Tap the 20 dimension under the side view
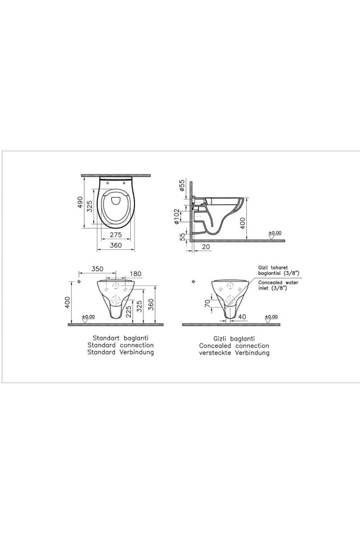[206, 246]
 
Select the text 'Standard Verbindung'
[120, 352]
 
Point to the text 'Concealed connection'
[237, 345]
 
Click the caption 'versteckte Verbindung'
[237, 353]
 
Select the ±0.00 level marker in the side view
[275, 232]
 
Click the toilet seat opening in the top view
[114, 206]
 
